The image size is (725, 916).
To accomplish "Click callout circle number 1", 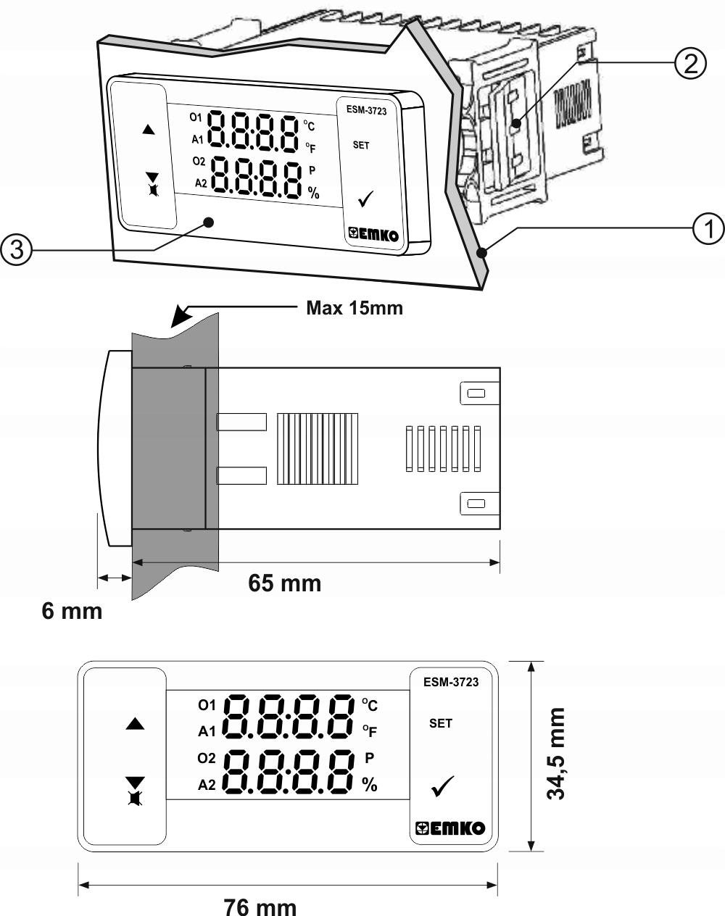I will (708, 229).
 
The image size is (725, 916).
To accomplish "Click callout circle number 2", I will (689, 63).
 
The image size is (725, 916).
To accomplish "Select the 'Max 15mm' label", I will (354, 308).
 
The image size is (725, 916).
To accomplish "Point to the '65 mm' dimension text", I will (284, 583).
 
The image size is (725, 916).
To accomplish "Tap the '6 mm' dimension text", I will (72, 611).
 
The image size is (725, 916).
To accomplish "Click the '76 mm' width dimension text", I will (260, 906).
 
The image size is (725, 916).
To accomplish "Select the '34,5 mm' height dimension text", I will (557, 754).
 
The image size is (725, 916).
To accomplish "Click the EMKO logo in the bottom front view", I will (449, 828).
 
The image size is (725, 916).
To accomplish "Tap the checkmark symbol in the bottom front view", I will (442, 786).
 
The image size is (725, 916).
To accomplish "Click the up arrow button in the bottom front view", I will (136, 724).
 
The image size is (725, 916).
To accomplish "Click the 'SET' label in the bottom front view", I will (440, 723).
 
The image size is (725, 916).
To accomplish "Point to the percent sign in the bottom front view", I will (370, 785).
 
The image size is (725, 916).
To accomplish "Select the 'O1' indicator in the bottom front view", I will (207, 704).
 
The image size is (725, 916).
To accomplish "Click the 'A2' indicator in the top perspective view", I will (201, 183).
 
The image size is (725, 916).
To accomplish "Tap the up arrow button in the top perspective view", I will (149, 130).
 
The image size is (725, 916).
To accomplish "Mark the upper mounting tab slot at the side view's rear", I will (476, 393).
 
